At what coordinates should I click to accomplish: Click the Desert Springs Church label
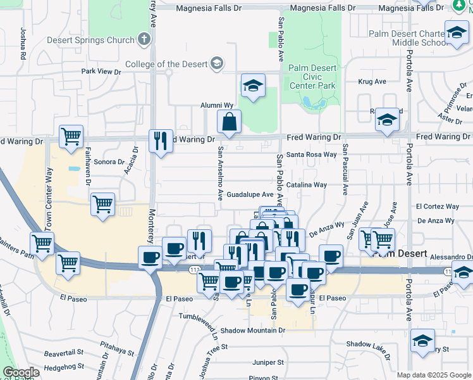click(91, 40)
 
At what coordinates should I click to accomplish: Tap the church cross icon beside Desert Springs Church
click(144, 40)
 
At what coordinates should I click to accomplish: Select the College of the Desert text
click(168, 63)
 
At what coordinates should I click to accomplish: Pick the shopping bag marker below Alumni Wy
click(229, 121)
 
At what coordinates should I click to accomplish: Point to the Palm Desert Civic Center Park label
click(311, 76)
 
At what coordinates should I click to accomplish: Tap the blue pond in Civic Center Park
click(308, 102)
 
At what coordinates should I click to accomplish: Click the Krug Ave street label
click(372, 82)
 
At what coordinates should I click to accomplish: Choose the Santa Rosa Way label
click(311, 155)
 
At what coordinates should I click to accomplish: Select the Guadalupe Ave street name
click(250, 194)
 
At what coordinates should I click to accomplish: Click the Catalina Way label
click(307, 185)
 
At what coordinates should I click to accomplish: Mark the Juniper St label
click(267, 363)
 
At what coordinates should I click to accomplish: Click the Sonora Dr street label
click(109, 161)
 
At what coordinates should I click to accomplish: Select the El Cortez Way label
click(437, 206)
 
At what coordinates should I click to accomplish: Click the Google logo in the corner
click(21, 372)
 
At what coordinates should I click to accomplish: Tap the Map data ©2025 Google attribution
click(434, 375)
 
